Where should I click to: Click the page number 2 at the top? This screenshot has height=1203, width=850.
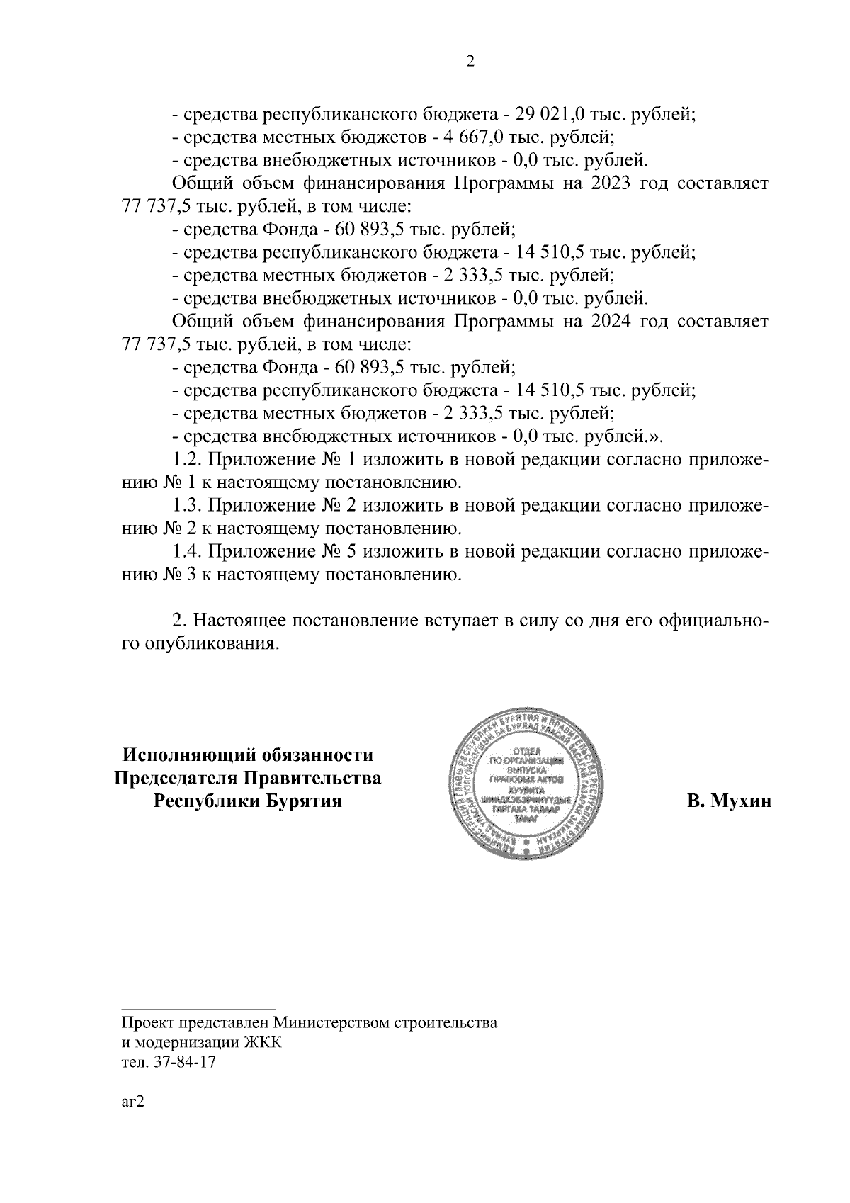tap(470, 62)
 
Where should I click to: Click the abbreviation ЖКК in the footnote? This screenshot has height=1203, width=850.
tap(263, 1043)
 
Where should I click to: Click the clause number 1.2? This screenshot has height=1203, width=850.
tap(188, 460)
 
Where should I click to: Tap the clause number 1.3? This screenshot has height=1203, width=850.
tap(188, 506)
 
